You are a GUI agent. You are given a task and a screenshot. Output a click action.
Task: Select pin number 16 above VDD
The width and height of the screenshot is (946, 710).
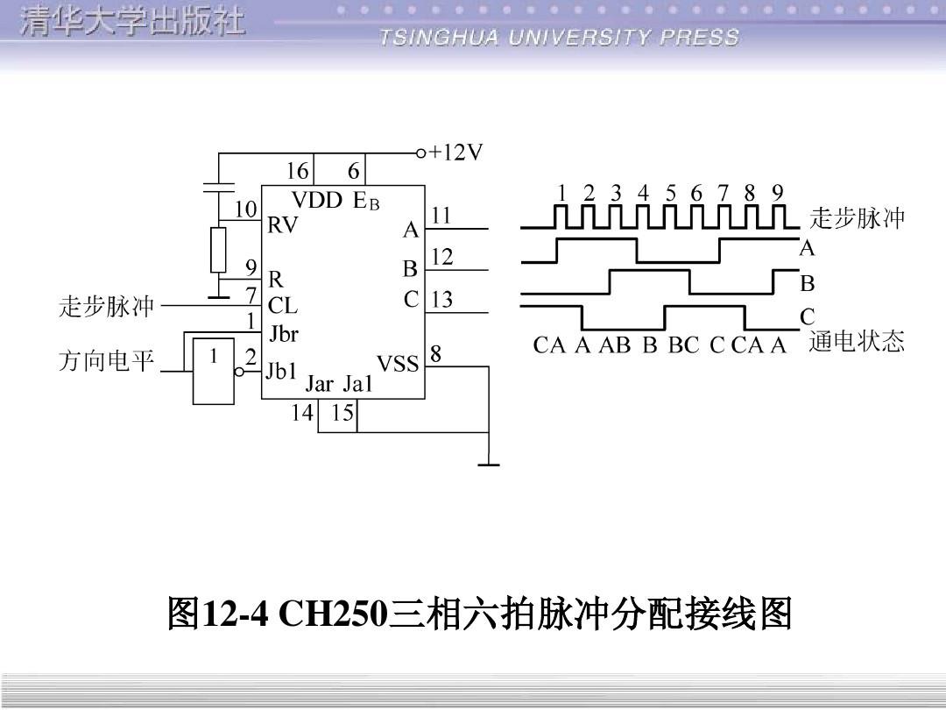(298, 171)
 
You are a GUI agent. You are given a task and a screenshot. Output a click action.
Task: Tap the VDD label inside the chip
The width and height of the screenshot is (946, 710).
(316, 200)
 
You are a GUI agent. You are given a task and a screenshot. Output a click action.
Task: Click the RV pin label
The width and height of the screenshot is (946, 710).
(282, 225)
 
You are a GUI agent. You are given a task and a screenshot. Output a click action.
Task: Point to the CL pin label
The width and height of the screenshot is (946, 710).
(282, 306)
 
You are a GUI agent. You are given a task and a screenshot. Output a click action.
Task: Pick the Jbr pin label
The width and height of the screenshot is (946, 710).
(284, 334)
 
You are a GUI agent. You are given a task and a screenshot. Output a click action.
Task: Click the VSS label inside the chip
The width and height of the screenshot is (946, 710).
(398, 363)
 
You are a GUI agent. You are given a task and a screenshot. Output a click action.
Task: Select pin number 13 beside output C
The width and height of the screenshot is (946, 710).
(441, 300)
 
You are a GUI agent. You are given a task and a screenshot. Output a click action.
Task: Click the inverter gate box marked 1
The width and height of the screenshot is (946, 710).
(214, 370)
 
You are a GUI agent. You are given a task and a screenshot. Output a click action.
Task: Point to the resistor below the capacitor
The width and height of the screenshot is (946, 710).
(218, 250)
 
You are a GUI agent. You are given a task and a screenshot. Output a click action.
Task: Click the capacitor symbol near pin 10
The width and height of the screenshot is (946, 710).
(218, 187)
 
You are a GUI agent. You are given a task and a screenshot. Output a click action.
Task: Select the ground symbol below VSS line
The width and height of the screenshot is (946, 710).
(488, 464)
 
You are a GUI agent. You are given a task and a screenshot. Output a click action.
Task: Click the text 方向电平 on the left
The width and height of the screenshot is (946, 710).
(106, 361)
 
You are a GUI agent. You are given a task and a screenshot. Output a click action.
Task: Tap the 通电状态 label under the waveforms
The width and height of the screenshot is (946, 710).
(856, 342)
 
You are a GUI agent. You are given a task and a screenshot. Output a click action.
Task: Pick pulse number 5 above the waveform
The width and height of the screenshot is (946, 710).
(670, 193)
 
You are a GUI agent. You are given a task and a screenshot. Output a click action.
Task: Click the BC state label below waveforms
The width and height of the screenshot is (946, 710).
(683, 345)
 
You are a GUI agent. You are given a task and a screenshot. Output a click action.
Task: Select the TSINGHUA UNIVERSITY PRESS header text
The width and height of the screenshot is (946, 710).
(560, 38)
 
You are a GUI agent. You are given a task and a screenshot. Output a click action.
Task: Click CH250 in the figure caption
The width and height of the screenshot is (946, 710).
(332, 614)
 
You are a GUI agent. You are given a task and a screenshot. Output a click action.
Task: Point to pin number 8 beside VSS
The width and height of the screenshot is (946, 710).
(435, 354)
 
